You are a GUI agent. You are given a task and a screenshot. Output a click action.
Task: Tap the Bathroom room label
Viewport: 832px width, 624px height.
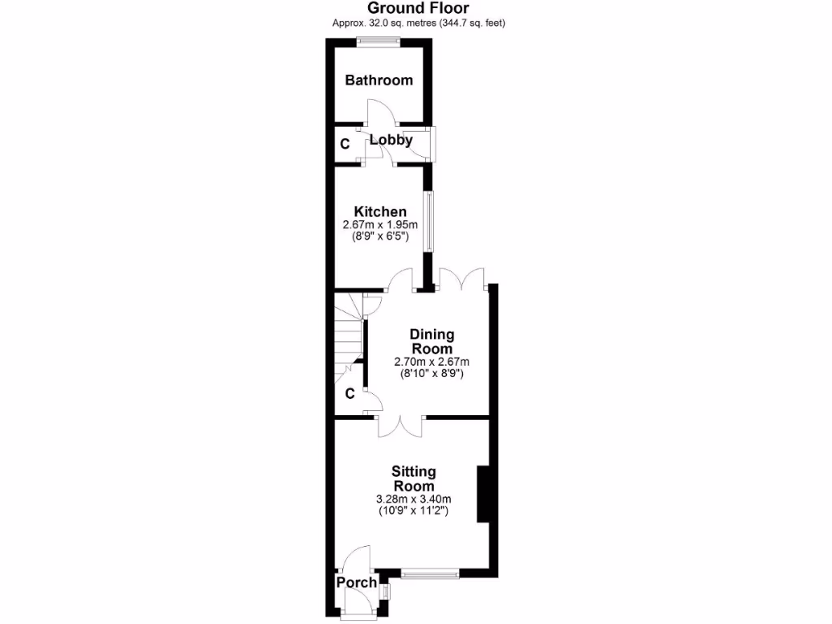pos(379,80)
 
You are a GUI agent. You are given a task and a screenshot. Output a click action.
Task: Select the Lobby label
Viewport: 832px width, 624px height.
pos(391,140)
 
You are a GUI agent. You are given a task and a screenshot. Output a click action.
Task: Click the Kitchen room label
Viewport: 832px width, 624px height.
pos(380,212)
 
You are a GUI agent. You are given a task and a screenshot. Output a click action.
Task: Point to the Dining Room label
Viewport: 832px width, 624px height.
pos(431,341)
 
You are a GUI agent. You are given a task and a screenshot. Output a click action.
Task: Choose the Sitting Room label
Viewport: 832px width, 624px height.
pos(414,479)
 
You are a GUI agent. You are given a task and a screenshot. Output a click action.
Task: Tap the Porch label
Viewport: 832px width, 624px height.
pos(357,583)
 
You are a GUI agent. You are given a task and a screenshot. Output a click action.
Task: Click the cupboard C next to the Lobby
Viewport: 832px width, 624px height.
pos(344,145)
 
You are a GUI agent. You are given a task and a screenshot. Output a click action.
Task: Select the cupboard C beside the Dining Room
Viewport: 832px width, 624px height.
pos(349,394)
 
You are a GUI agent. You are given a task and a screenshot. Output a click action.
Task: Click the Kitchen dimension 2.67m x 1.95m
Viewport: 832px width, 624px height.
pos(380,225)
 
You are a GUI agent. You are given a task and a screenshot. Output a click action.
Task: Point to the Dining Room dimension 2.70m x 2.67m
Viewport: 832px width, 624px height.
pos(431,362)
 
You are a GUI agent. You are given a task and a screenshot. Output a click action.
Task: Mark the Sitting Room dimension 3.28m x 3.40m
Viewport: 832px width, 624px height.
pos(414,499)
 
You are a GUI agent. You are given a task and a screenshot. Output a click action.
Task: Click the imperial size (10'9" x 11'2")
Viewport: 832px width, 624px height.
pos(414,512)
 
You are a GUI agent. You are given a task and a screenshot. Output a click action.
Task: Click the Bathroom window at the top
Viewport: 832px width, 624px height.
pos(379,43)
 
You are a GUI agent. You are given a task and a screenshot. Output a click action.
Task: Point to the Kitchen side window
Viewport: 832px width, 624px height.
pos(428,221)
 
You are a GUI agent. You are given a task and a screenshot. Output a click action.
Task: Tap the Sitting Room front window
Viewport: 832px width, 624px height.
pos(429,574)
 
